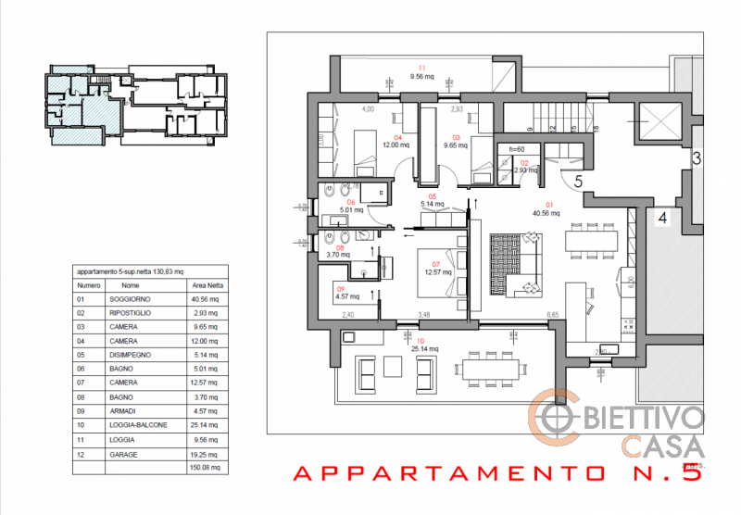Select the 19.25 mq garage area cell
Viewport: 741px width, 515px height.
[x=202, y=456]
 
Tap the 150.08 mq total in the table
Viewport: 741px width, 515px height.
[x=202, y=468]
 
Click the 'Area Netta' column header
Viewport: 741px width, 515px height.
[x=202, y=286]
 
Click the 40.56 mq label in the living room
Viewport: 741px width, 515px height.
[x=547, y=212]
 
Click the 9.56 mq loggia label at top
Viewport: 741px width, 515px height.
[x=421, y=78]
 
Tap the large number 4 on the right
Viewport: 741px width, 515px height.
[x=663, y=219]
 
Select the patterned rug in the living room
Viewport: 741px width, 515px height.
[x=507, y=264]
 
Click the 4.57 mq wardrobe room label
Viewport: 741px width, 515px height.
[x=342, y=297]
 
